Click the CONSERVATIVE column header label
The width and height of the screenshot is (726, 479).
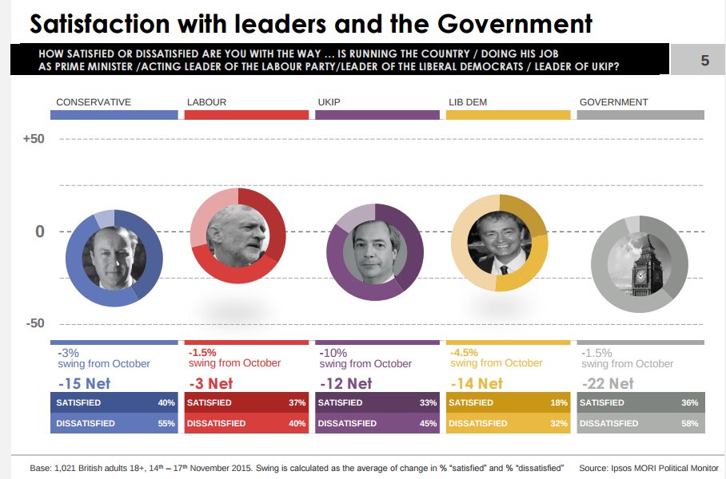coord(94,102)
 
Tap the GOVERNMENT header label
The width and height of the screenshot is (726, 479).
coord(613,102)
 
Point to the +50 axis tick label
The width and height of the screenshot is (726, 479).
coord(33,139)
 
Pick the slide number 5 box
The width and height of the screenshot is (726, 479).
coord(704,61)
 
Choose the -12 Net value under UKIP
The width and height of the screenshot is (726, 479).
coord(345,384)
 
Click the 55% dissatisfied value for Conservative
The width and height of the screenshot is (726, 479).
coord(166,424)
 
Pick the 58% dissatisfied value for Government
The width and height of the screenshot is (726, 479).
coord(689,424)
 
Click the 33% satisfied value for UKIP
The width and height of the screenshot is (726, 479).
coord(428,403)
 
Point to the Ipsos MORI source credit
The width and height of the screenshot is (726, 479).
coord(648,468)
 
